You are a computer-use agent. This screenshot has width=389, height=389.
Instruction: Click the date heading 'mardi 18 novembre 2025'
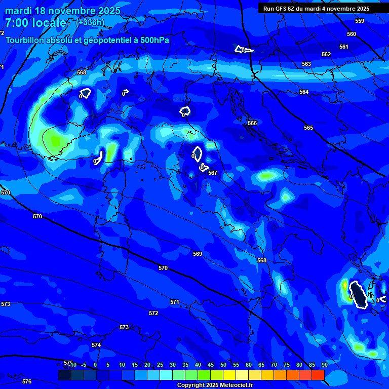[63, 11]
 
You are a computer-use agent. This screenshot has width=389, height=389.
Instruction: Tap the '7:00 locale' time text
[35, 23]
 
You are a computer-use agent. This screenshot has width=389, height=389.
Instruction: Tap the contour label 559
[360, 21]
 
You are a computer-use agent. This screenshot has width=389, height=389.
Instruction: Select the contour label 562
[326, 54]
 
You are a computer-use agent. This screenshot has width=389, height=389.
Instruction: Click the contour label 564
[304, 92]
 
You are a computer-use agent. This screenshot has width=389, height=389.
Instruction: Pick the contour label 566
[252, 123]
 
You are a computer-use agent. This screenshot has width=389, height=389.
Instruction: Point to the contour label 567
[213, 173]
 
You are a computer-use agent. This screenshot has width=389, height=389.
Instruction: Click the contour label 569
[198, 254]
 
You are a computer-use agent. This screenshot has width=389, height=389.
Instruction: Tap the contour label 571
[175, 302]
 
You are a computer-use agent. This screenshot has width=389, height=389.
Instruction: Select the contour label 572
[153, 314]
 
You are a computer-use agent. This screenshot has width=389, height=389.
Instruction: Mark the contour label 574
[96, 345]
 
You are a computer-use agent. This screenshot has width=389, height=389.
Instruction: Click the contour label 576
[27, 381]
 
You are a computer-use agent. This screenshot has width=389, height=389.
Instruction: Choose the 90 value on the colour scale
[324, 365]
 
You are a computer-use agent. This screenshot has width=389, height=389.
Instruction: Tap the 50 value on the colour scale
[223, 365]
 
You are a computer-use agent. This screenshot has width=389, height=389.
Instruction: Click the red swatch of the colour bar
[318, 375]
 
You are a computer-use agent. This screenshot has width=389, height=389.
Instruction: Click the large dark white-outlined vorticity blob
[359, 295]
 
